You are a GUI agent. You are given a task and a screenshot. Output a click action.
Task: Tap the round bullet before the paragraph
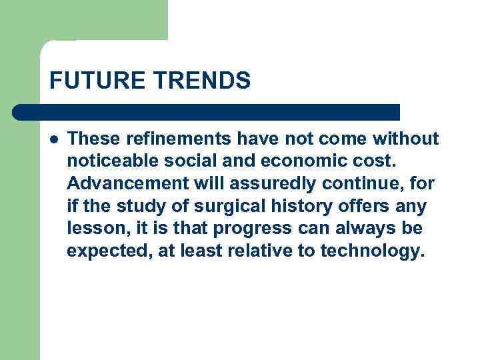pos(53,139)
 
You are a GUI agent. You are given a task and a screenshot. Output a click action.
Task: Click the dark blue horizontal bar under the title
pos(207,112)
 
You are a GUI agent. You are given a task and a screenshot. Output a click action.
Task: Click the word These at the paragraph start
pos(90,139)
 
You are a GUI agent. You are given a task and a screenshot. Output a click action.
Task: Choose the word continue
pos(351,184)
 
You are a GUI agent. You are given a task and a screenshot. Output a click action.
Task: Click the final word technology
pos(372,252)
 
